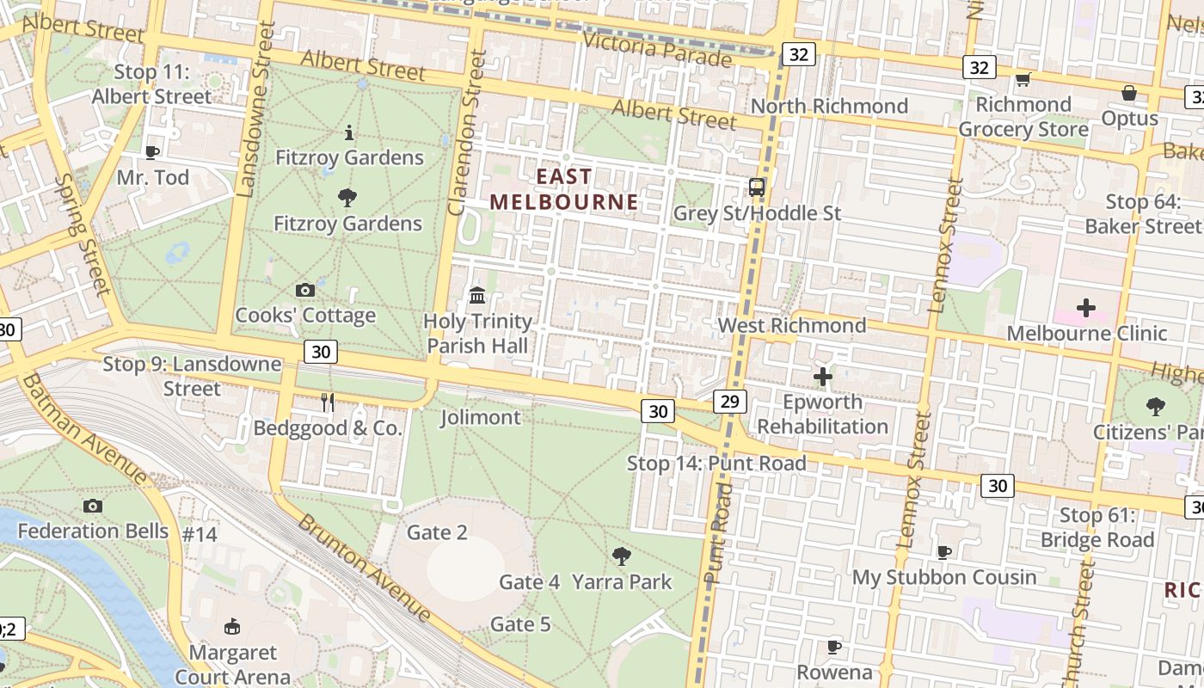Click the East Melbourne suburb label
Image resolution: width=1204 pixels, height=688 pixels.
[x=564, y=189]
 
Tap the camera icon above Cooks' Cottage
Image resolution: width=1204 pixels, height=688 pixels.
[x=304, y=291]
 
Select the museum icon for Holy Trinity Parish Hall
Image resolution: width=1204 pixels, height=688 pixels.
[x=477, y=296]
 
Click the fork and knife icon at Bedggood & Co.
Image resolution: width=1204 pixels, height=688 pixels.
[x=327, y=402]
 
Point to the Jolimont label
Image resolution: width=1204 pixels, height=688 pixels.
[x=480, y=418]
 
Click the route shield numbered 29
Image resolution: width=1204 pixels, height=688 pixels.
[x=729, y=401]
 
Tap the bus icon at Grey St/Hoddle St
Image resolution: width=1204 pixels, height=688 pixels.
[x=756, y=187]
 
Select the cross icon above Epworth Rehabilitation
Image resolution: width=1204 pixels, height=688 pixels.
[x=822, y=376]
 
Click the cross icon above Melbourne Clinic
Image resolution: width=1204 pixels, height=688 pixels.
[x=1086, y=307]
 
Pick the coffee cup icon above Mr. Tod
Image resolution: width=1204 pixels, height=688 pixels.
[x=152, y=152]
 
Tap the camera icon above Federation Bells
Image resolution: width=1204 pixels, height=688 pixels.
[x=93, y=506]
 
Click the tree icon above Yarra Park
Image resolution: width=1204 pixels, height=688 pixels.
[x=621, y=556]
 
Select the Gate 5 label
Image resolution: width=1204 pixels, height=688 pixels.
[x=520, y=624]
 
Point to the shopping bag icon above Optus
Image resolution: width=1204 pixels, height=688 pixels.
[x=1128, y=92]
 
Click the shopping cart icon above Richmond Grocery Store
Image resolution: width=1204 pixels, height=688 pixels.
[x=1023, y=80]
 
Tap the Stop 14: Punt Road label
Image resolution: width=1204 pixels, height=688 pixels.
[x=716, y=464]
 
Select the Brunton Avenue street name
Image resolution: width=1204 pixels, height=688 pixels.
[x=365, y=568]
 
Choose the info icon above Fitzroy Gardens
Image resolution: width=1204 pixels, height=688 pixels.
[x=349, y=132]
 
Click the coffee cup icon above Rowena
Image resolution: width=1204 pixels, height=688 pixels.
[x=832, y=646]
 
